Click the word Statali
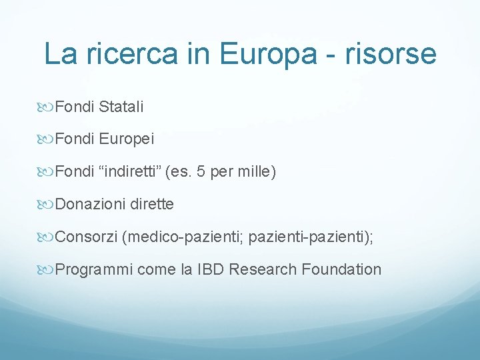point(121,106)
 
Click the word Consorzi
point(87,237)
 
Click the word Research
point(264,269)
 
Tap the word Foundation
point(341,269)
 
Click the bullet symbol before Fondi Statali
point(48,107)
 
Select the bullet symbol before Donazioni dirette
point(48,205)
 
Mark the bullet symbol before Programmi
point(48,270)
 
